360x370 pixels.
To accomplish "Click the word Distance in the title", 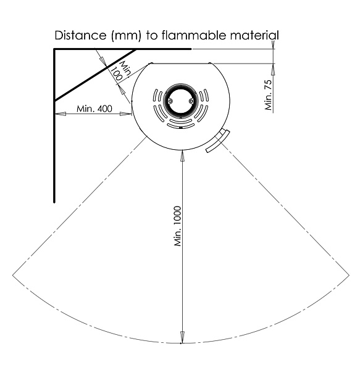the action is (x=80, y=35).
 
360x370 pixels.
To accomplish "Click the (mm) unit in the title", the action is (x=126, y=36).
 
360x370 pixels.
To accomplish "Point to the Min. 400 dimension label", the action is (x=94, y=109).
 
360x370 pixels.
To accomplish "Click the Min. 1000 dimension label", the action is (x=178, y=226).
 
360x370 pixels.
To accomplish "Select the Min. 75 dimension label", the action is (x=269, y=95).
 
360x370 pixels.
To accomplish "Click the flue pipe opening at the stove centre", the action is (x=180, y=101).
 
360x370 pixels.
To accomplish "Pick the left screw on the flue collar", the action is (x=170, y=101).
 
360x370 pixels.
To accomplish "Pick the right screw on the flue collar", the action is (x=191, y=101).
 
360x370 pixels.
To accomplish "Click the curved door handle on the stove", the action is (x=217, y=141).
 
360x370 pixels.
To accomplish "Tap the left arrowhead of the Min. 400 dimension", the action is (x=61, y=114).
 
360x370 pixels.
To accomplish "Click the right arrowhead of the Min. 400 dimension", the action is (x=126, y=114).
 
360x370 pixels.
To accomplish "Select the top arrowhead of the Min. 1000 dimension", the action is (x=182, y=156).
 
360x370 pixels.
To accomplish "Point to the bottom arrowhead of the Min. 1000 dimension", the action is (x=182, y=337).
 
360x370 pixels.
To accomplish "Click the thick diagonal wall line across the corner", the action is (x=96, y=75).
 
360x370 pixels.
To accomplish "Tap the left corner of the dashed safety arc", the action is (x=12, y=274).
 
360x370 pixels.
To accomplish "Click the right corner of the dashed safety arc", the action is (x=349, y=274).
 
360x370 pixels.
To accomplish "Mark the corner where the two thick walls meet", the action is (x=54, y=49).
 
